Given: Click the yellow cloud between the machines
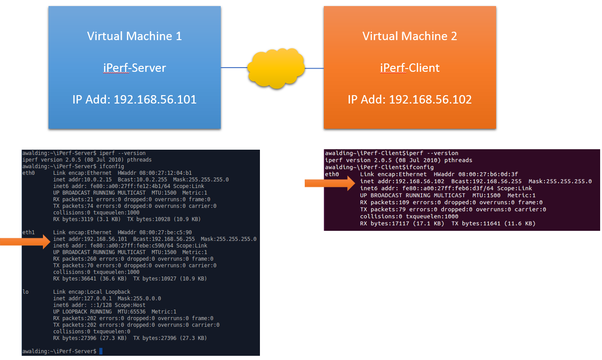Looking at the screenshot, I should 277,68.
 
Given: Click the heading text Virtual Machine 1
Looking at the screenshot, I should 134,36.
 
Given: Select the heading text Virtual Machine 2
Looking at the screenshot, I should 410,36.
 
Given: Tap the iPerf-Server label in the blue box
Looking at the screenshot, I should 134,68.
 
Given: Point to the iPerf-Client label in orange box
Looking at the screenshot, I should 410,68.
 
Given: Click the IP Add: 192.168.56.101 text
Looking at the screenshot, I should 134,99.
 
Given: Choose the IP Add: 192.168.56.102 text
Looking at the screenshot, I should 410,99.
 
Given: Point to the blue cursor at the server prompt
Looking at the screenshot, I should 100,351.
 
